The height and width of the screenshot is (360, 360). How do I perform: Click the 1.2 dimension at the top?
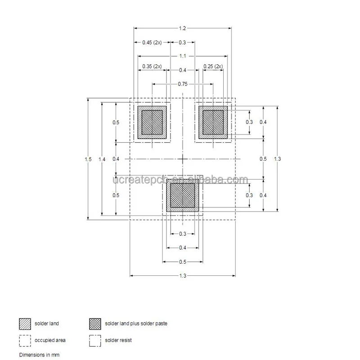182,28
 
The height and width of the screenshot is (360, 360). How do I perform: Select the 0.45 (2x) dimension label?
152,42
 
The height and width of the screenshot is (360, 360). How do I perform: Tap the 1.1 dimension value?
182,56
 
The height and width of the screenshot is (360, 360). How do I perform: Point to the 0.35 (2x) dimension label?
152,66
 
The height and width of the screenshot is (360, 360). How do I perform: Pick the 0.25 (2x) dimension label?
213,66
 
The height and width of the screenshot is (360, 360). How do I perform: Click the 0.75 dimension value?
182,84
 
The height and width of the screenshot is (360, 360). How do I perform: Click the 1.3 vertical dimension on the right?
277,159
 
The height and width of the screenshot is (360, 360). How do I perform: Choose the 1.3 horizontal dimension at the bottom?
182,275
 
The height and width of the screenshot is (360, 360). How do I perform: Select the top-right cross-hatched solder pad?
213,122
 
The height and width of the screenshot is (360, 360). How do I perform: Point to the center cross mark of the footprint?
182,159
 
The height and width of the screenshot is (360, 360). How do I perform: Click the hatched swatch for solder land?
25,324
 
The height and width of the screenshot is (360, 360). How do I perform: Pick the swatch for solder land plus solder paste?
95,324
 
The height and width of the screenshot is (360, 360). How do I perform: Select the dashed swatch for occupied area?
25,341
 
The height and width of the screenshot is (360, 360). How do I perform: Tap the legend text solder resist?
118,341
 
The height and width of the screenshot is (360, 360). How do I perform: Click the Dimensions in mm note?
39,355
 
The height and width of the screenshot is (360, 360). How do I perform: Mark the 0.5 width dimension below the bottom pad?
182,261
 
